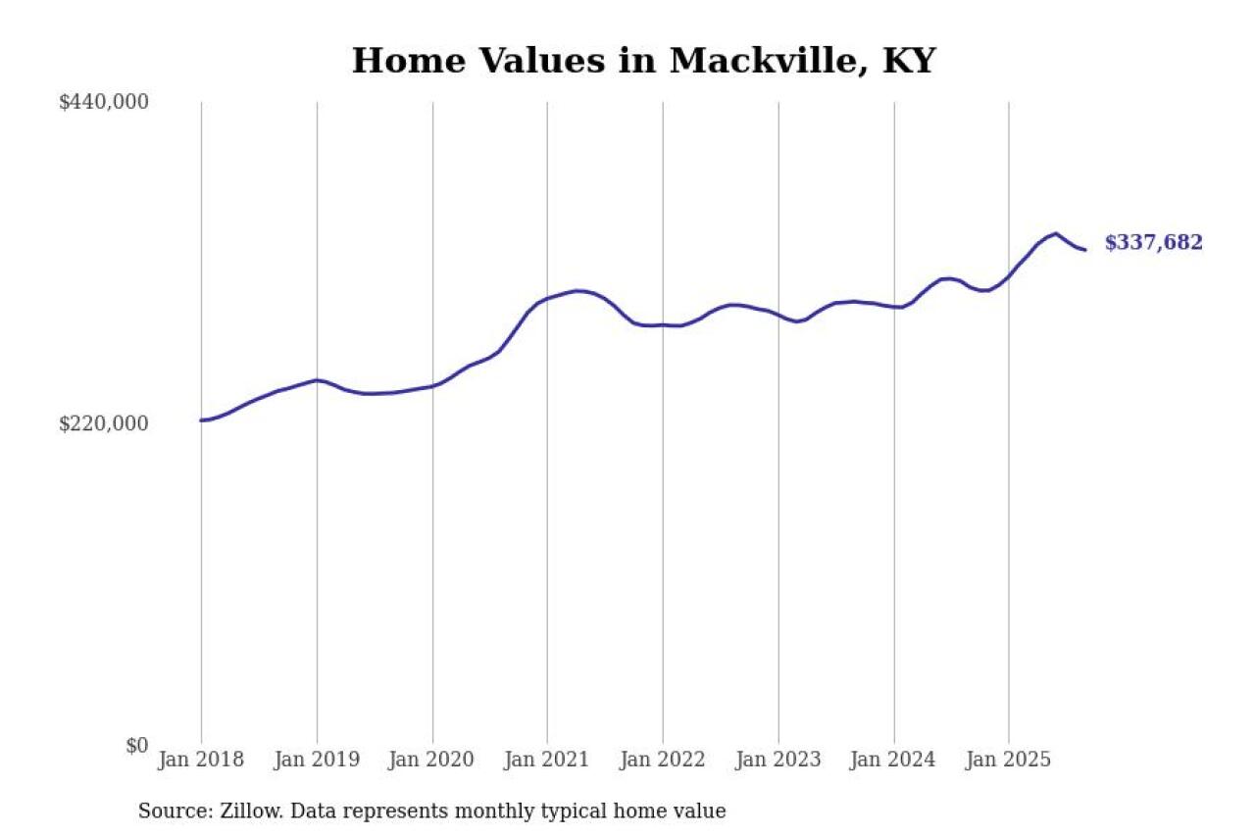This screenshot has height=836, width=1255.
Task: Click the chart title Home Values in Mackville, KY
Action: coord(643,61)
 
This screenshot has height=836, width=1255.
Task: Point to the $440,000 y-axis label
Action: coord(104,102)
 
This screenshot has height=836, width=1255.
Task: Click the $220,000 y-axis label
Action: coord(104,423)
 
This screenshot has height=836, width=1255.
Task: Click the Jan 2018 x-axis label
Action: coord(201,760)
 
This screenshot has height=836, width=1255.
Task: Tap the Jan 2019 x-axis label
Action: coord(317,760)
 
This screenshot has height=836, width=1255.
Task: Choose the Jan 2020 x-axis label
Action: coord(432,760)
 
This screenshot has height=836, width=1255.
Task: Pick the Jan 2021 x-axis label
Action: coord(547,760)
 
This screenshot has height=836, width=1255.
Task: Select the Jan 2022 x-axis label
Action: coord(663,760)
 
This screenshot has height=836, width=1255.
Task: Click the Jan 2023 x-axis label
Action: coord(778,760)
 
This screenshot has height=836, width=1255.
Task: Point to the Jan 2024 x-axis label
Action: coord(893,760)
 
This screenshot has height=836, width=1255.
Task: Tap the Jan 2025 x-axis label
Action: coord(1009,760)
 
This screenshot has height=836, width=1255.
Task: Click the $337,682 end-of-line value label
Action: coord(1153,243)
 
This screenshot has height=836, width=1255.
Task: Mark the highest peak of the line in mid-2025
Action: coord(1055,233)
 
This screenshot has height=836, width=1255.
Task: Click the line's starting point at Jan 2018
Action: coord(201,420)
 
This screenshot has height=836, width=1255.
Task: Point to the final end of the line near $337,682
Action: coord(1084,250)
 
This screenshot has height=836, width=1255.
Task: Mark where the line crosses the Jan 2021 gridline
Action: coord(547,298)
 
